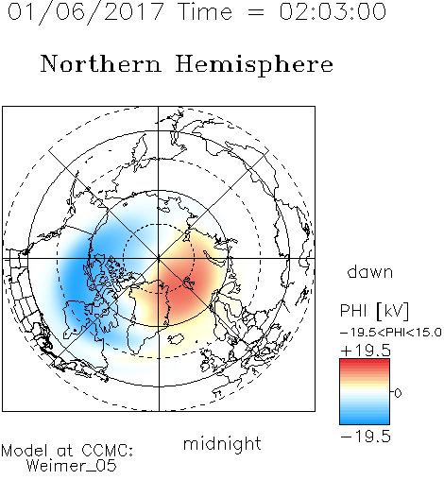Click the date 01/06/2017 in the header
click(85, 11)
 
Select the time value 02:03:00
click(333, 11)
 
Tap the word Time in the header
click(205, 11)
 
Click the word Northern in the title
click(101, 64)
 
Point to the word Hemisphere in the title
click(254, 65)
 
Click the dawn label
click(370, 272)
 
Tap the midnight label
click(222, 443)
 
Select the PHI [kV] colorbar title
click(374, 311)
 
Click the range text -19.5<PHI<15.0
click(391, 333)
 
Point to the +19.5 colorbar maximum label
click(366, 351)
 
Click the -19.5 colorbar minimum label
click(366, 437)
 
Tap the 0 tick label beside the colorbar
click(398, 393)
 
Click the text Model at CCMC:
click(67, 451)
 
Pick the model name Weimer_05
click(72, 466)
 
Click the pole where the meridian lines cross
click(159, 259)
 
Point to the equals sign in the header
click(256, 12)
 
